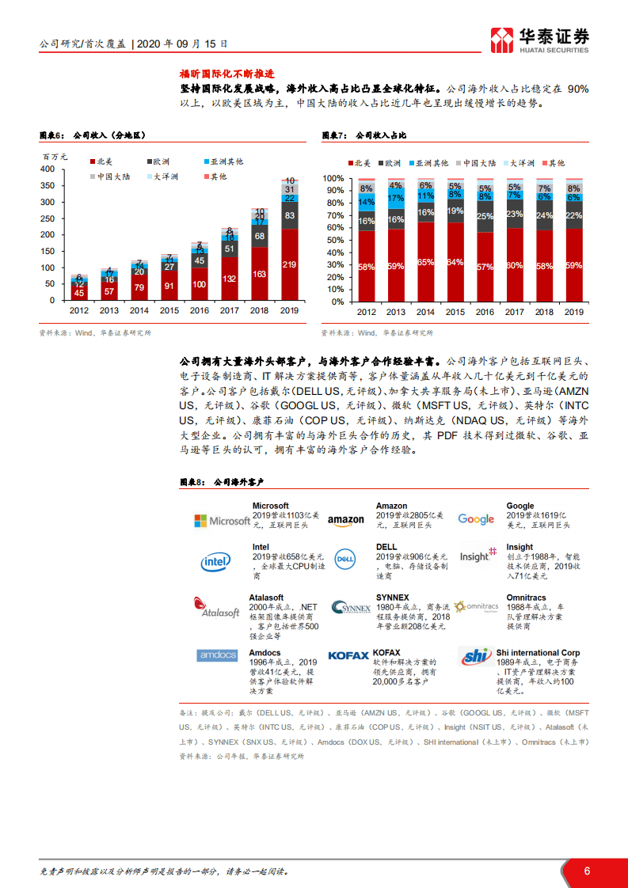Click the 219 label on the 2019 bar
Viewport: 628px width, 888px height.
[290, 264]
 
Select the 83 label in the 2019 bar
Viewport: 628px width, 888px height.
[290, 215]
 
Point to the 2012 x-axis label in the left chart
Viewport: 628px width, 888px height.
[79, 311]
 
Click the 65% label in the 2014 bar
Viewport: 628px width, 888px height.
[425, 261]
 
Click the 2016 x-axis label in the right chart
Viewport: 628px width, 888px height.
[485, 313]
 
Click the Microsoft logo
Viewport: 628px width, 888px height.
[222, 521]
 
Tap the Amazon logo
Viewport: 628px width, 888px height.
[346, 521]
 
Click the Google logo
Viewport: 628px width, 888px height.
[476, 519]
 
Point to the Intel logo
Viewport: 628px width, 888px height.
[215, 562]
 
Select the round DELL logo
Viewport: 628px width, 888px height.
[344, 560]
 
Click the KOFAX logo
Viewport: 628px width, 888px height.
[348, 655]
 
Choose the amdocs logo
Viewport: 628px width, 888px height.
[217, 655]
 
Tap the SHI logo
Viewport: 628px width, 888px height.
[475, 656]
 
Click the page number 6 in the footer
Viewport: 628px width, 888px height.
[587, 871]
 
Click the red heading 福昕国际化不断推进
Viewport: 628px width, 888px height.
[214, 74]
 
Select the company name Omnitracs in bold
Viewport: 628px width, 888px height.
[526, 598]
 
